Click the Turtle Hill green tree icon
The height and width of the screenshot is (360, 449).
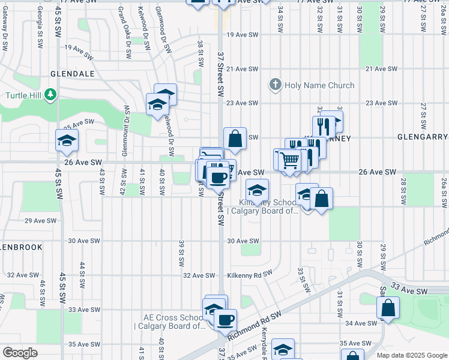(51, 95)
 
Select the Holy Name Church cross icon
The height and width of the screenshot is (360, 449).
(276, 85)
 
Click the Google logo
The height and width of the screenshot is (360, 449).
(20, 353)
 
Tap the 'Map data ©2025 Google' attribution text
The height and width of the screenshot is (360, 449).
(411, 355)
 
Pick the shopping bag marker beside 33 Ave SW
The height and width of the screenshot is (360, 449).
(388, 308)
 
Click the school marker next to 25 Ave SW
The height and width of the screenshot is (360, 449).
(67, 141)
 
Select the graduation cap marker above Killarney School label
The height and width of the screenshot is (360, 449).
(257, 191)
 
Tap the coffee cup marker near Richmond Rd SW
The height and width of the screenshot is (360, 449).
(225, 320)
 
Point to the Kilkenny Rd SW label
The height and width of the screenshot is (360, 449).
(250, 275)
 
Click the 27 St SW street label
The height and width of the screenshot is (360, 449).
(423, 115)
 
